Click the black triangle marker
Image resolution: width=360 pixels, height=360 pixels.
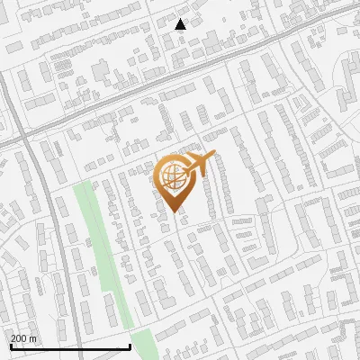180,24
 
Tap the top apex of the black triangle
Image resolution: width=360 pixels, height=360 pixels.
180,19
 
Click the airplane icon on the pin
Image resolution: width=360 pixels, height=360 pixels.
201,164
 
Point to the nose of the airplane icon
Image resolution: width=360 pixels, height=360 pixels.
214,156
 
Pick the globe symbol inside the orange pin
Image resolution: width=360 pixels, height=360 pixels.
173,175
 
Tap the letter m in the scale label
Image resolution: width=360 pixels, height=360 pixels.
33,338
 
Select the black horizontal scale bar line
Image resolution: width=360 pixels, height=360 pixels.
70,347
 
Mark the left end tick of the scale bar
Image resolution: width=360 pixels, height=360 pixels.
11,346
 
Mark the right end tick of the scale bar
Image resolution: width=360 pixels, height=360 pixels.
130,346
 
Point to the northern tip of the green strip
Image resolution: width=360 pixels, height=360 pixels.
83,183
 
